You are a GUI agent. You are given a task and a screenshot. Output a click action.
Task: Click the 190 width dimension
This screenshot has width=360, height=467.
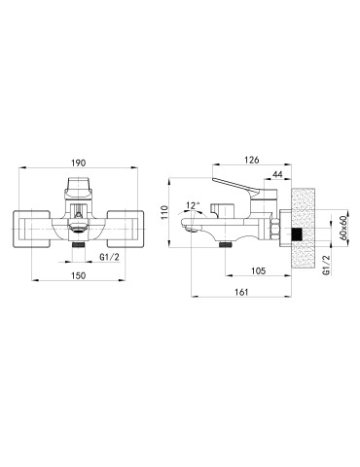click(x=79, y=162)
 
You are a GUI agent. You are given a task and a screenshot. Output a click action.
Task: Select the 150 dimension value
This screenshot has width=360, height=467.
click(x=78, y=275)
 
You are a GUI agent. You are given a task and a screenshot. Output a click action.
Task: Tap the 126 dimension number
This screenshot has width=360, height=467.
click(x=252, y=160)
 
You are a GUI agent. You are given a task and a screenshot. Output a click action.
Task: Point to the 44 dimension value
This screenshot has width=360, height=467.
click(x=277, y=174)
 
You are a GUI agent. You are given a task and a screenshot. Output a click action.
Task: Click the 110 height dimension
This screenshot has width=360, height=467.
click(x=164, y=212)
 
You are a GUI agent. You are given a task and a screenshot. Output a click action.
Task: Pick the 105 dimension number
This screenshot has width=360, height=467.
click(x=258, y=270)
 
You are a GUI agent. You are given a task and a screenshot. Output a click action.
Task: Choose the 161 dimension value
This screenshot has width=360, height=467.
click(x=241, y=292)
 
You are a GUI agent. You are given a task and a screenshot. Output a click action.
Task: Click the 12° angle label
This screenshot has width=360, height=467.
click(x=193, y=205)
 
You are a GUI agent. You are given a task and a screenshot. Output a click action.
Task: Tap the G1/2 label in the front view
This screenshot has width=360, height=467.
click(x=110, y=257)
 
